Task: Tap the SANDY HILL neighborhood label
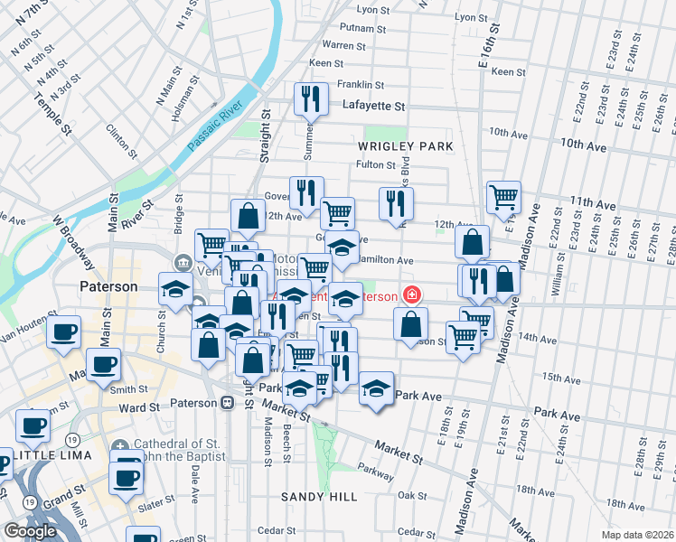(318, 497)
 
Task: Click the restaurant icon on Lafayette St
(310, 100)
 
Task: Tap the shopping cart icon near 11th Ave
(503, 197)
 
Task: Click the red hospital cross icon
(412, 295)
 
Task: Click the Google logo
(30, 531)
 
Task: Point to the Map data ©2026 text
(637, 535)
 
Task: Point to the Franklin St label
(361, 84)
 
